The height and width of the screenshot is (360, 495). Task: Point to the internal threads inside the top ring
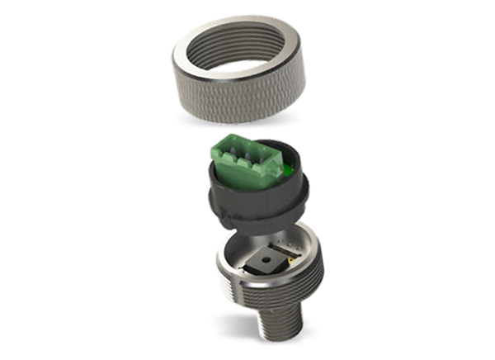(x=247, y=50)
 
